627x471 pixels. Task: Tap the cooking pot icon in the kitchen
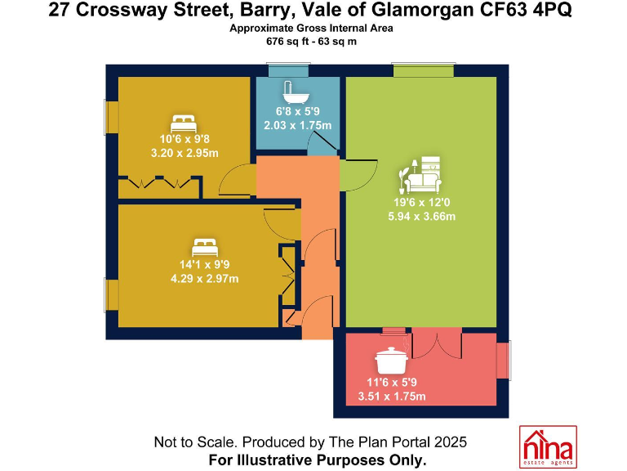click(391, 361)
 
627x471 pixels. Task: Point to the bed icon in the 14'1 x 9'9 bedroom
click(204, 246)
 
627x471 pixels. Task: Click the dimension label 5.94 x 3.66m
click(421, 217)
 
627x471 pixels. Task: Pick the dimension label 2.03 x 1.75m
click(297, 125)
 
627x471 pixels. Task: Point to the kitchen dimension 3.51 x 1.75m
click(392, 397)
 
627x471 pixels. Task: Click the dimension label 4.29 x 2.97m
click(204, 279)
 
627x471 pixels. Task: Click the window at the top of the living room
click(423, 70)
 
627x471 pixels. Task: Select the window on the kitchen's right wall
click(505, 361)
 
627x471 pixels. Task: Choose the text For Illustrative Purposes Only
click(318, 460)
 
